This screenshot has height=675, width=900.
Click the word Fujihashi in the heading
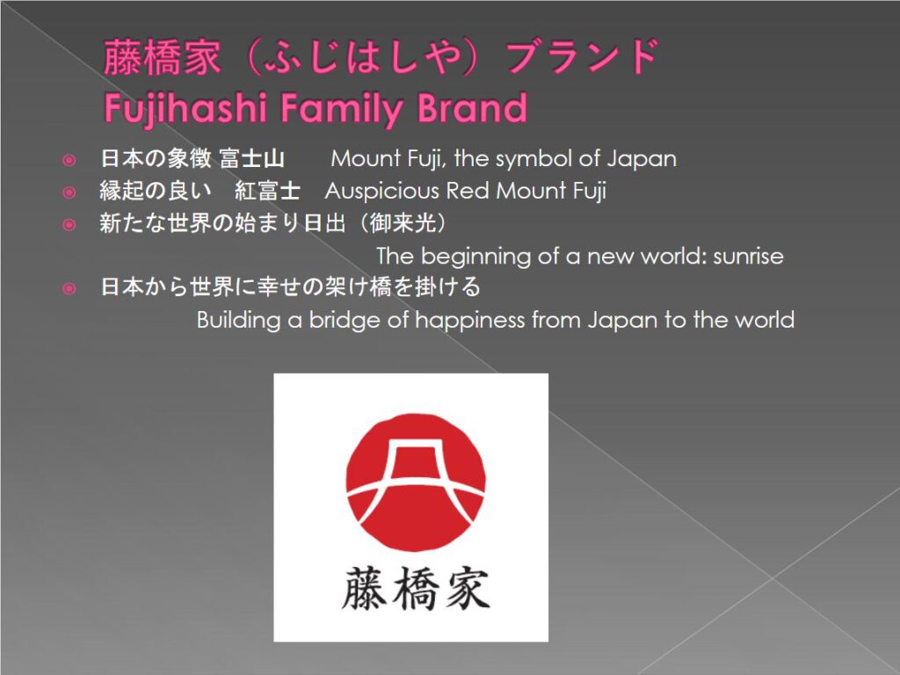pyautogui.click(x=185, y=108)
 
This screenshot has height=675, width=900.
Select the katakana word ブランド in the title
pyautogui.click(x=584, y=57)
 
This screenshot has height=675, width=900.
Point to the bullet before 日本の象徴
pyautogui.click(x=69, y=160)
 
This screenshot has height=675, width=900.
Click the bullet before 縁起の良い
pyautogui.click(x=69, y=192)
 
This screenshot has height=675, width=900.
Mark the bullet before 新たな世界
pyautogui.click(x=69, y=224)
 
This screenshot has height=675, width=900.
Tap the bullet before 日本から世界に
pyautogui.click(x=69, y=287)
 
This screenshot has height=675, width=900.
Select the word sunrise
pyautogui.click(x=748, y=256)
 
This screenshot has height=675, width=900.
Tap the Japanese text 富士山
pyautogui.click(x=252, y=158)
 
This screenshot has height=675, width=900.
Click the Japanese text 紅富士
pyautogui.click(x=267, y=191)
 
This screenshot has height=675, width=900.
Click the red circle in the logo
pyautogui.click(x=416, y=483)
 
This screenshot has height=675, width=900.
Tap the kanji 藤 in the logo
pyautogui.click(x=365, y=588)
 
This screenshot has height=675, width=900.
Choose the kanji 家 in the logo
pyautogui.click(x=468, y=588)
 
